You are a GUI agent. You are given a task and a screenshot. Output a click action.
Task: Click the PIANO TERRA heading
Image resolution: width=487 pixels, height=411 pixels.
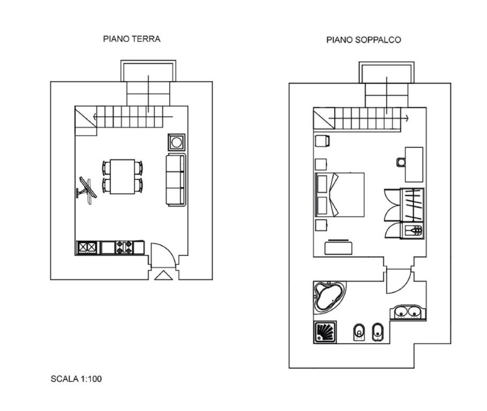coord(132,39)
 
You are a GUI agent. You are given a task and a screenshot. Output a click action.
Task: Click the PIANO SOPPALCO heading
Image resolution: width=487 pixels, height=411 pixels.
coord(364,40)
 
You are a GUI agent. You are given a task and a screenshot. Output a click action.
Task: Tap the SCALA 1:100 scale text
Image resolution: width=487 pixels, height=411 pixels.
coord(76,379)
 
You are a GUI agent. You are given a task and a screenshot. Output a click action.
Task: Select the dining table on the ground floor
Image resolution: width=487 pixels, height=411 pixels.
coord(122,177)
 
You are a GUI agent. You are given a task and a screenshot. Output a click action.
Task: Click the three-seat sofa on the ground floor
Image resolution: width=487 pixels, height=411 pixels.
coord(176,180)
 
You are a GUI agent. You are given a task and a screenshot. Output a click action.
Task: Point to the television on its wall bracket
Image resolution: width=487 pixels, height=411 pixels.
coord(86,191)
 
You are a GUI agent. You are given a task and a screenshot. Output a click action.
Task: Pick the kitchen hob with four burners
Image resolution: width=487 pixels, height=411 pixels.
coord(124,248)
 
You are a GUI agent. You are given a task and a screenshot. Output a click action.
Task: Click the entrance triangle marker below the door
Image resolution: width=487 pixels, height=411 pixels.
coord(163,276)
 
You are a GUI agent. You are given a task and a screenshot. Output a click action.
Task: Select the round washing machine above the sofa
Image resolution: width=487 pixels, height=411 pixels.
coord(176,142)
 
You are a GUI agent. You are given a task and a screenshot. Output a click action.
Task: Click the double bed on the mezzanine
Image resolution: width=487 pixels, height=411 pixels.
coord(340,194)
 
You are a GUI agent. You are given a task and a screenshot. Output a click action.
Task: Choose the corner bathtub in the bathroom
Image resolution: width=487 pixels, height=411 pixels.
coord(329,297)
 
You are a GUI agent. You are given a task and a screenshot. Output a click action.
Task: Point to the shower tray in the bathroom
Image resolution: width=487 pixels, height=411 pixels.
coord(325,332)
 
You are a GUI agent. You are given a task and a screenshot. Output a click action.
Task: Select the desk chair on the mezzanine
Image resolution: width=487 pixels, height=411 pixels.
coord(401,162)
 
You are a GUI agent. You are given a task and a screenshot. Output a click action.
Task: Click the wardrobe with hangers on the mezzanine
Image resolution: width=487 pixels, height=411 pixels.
coord(412,205)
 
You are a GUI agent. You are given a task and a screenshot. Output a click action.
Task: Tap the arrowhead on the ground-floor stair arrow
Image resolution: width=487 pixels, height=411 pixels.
coord(95,117)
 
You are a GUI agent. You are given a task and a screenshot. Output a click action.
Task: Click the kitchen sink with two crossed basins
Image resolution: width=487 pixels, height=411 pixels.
coord(87,248)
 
